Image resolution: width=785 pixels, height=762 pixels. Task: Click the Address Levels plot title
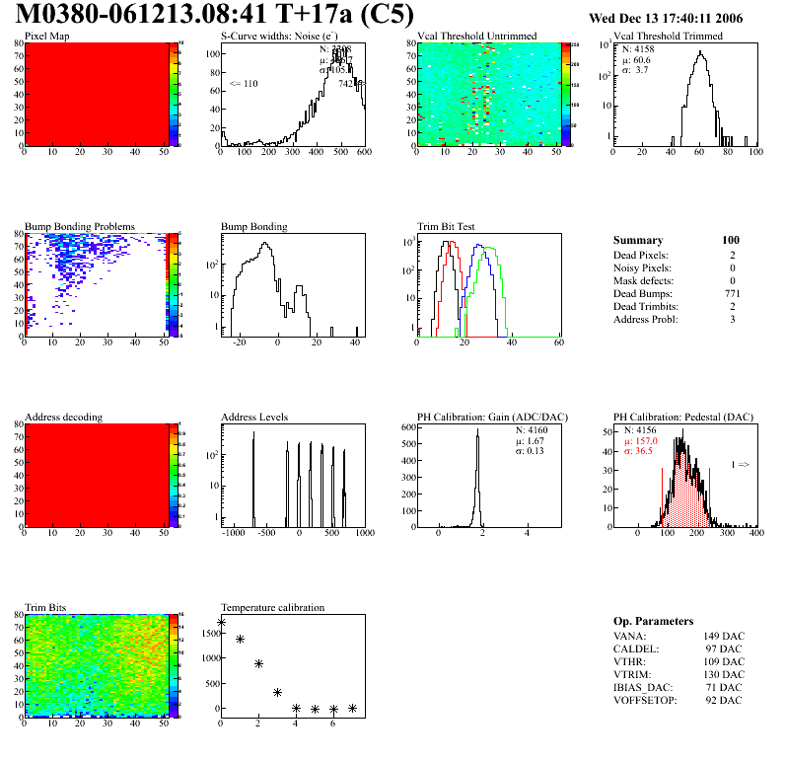254,417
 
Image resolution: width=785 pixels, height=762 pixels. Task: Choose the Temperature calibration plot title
272,607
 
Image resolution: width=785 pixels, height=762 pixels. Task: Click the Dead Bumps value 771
731,293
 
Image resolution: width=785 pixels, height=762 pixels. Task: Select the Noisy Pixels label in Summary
642,267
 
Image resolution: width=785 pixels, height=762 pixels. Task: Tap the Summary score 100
731,240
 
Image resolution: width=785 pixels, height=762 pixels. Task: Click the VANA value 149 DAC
724,636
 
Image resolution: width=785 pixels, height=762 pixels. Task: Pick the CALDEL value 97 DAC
726,648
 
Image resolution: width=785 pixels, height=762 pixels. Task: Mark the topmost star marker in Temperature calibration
221,622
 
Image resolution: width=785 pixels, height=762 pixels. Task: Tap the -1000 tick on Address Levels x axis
235,532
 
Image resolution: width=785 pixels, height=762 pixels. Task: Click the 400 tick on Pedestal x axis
755,532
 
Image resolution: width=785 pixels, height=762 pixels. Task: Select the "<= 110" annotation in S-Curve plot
244,84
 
